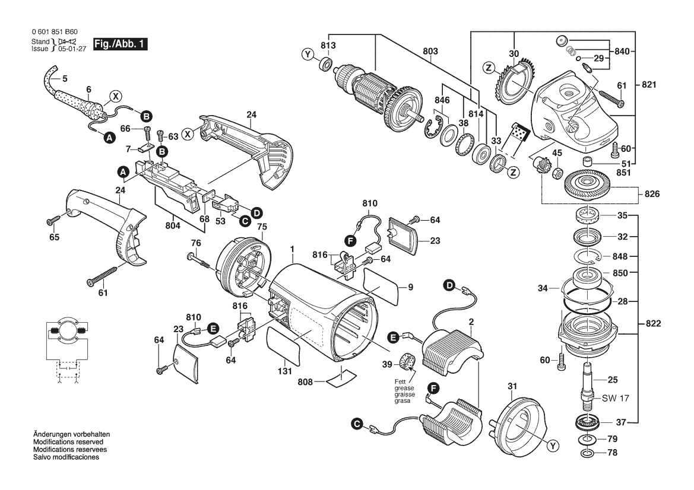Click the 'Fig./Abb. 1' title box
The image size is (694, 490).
120,44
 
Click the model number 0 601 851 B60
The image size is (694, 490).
55,32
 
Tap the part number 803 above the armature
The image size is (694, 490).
430,51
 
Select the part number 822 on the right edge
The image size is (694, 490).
653,323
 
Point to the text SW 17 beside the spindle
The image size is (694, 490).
615,398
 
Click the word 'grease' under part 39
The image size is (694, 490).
404,388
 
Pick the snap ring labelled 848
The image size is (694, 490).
587,256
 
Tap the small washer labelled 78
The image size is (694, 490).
587,453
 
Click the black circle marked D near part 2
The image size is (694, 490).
449,285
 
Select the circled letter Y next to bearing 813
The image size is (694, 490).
308,55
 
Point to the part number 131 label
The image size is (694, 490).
285,371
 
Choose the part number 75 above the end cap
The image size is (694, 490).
262,227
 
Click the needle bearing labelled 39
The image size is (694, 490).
407,361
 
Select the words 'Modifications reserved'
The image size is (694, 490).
68,442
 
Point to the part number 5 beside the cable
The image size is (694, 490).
65,79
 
